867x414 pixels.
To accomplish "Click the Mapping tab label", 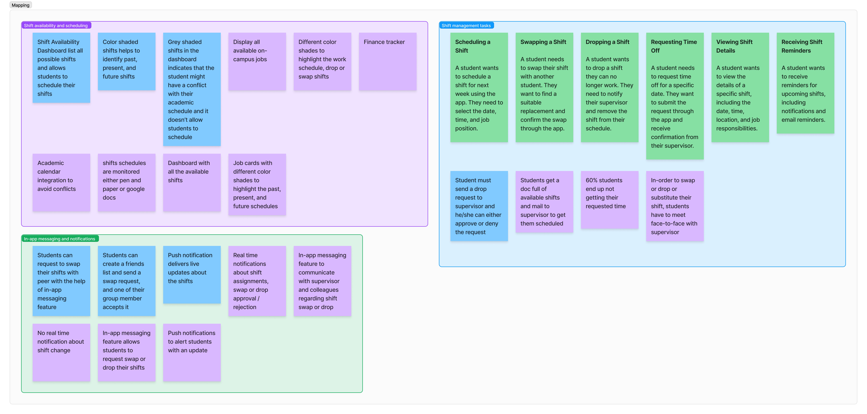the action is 21,5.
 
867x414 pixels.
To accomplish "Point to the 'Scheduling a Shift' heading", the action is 472,46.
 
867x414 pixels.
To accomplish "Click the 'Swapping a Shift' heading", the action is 543,42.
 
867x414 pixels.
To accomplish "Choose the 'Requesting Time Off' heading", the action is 674,46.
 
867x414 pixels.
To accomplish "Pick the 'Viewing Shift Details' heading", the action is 734,46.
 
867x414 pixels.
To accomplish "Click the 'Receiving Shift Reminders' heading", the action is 802,46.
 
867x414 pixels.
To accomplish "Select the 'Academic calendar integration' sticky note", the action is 61,183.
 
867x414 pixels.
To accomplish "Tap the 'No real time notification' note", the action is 61,352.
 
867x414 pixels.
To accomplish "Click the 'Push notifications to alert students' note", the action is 192,352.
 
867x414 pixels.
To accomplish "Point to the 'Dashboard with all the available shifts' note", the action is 192,183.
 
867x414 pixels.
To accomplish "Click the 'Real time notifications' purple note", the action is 257,281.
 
